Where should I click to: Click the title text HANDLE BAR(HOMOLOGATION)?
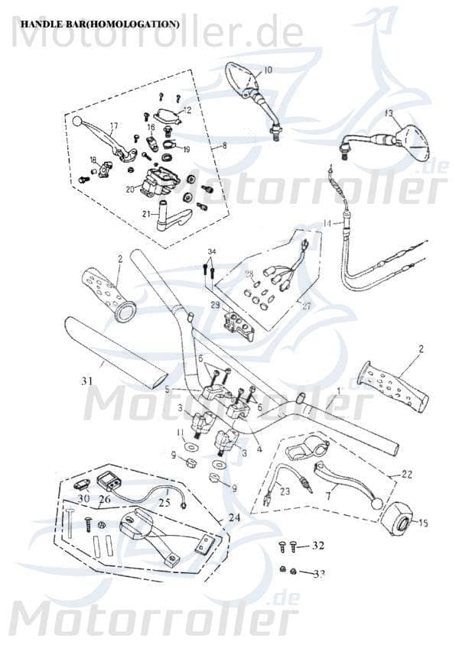click(100, 24)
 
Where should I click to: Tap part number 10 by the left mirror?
click(268, 70)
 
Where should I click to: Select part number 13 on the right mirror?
click(388, 113)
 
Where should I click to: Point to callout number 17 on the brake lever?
click(114, 126)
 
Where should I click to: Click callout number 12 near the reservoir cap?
click(187, 111)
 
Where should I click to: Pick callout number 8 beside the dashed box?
click(225, 144)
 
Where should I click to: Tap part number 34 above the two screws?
click(212, 251)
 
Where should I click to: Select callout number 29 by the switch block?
click(216, 305)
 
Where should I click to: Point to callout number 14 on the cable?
click(326, 223)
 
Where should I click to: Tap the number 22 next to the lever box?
click(407, 475)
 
